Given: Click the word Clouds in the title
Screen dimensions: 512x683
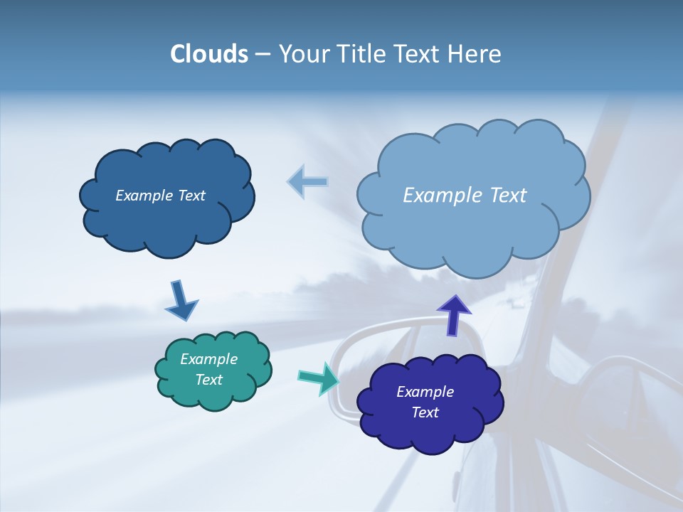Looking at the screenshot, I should (x=209, y=54).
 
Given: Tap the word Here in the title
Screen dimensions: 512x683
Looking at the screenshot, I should (x=477, y=54).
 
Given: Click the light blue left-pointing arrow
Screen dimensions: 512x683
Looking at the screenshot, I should (x=308, y=182).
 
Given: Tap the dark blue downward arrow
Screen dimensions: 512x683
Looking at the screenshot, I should (x=181, y=301).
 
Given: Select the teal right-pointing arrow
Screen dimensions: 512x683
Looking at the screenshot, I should (x=318, y=378).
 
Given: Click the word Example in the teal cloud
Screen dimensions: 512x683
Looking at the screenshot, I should (x=209, y=359).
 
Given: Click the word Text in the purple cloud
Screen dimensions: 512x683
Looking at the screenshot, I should (x=425, y=412).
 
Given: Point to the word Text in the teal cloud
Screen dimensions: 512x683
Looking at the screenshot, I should (x=209, y=380).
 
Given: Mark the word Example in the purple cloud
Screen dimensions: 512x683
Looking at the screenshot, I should (x=425, y=392).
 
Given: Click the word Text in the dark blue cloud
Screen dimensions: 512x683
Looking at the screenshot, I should (x=191, y=196).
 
